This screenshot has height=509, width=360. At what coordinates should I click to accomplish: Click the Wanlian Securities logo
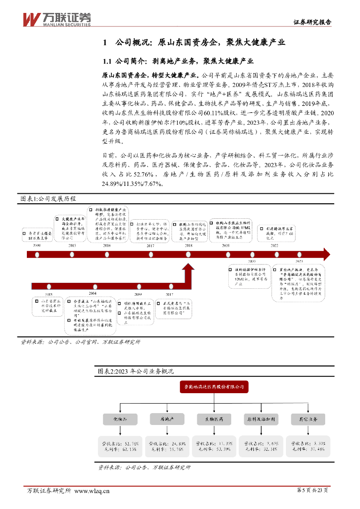(56, 18)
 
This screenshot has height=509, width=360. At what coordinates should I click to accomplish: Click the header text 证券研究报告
(312, 22)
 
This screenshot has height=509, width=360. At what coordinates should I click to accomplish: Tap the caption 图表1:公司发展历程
(48, 198)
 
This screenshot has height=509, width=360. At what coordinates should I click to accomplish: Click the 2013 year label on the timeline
(72, 246)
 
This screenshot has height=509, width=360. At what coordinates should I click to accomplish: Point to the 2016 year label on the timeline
(107, 246)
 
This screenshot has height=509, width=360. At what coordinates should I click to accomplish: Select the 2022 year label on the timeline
(274, 246)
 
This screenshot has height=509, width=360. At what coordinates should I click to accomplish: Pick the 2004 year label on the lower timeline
(92, 294)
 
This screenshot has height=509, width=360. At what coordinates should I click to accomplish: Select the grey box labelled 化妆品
(121, 419)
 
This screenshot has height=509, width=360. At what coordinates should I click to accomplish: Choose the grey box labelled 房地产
(167, 419)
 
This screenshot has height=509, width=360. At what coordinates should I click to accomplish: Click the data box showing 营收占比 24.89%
(167, 446)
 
